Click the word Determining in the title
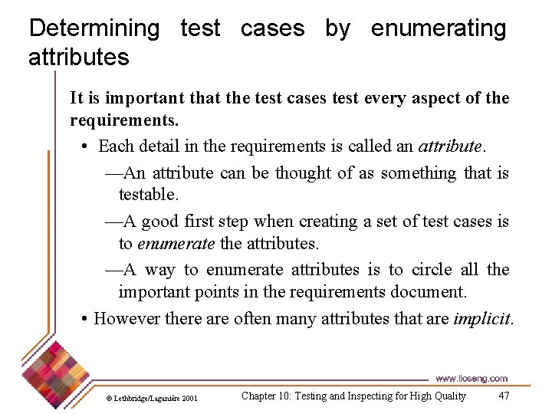pyautogui.click(x=94, y=28)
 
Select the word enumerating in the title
pyautogui.click(x=439, y=28)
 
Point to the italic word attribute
pyautogui.click(x=450, y=146)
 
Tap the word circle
pyautogui.click(x=432, y=269)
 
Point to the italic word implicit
pyautogui.click(x=481, y=317)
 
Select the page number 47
pyautogui.click(x=504, y=396)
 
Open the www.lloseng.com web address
pyautogui.click(x=471, y=378)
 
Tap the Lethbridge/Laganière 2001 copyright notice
pyautogui.click(x=152, y=398)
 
